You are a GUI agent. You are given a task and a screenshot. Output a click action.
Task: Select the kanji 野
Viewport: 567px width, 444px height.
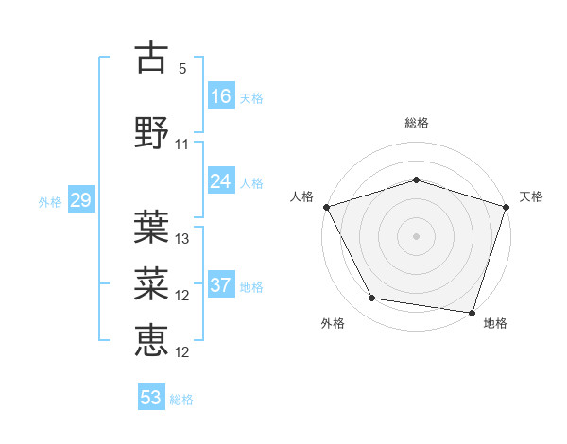tap(152, 131)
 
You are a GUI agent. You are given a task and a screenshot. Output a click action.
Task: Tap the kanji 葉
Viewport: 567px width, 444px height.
tap(152, 226)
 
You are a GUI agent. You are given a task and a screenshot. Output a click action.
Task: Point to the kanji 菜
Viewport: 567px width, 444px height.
tap(152, 281)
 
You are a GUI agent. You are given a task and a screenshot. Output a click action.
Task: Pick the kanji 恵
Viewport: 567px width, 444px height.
tap(152, 338)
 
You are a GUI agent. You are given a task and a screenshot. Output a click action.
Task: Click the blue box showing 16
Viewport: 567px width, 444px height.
tap(221, 95)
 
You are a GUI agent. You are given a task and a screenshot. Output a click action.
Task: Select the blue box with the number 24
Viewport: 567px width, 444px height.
tap(221, 181)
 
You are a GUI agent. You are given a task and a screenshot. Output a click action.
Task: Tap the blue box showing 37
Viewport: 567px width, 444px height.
tap(221, 286)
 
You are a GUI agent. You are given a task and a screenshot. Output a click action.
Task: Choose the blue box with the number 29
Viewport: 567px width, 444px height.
tap(80, 201)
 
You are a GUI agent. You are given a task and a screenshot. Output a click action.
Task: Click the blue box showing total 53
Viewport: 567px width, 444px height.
tap(151, 398)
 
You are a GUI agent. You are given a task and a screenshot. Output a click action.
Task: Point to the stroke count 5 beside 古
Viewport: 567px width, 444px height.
tap(182, 69)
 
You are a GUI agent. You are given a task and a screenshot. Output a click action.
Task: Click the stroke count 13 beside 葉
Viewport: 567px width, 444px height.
tap(182, 238)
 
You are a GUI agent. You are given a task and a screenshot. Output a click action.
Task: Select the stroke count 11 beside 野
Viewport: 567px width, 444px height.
tap(182, 144)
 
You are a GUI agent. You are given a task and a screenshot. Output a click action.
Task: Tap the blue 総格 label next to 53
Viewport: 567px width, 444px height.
tap(181, 400)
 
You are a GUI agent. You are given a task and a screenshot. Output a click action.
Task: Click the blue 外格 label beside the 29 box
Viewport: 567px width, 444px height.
tap(50, 202)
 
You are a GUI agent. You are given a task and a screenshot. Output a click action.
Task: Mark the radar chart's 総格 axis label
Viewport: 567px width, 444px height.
tap(416, 123)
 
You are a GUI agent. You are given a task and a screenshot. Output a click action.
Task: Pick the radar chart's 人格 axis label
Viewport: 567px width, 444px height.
tap(301, 196)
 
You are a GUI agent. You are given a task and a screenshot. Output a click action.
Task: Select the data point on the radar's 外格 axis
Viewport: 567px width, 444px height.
tap(372, 299)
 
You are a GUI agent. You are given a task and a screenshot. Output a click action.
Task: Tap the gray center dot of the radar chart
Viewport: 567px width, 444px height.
tap(416, 235)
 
